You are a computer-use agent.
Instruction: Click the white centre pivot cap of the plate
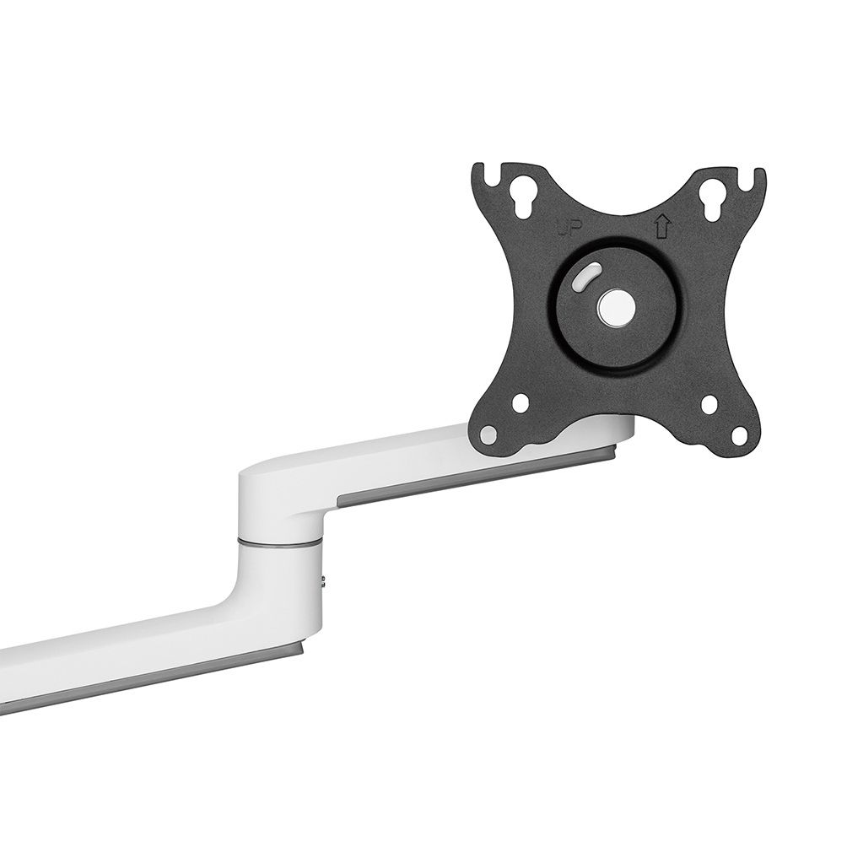[613, 307]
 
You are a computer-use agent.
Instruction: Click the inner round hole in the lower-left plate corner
[520, 402]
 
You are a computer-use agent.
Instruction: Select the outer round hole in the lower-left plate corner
[488, 433]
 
